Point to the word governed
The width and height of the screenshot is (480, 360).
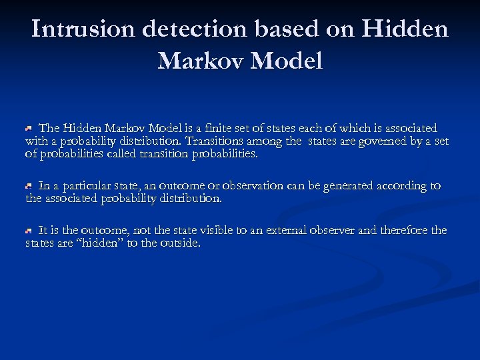pyautogui.click(x=380, y=141)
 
